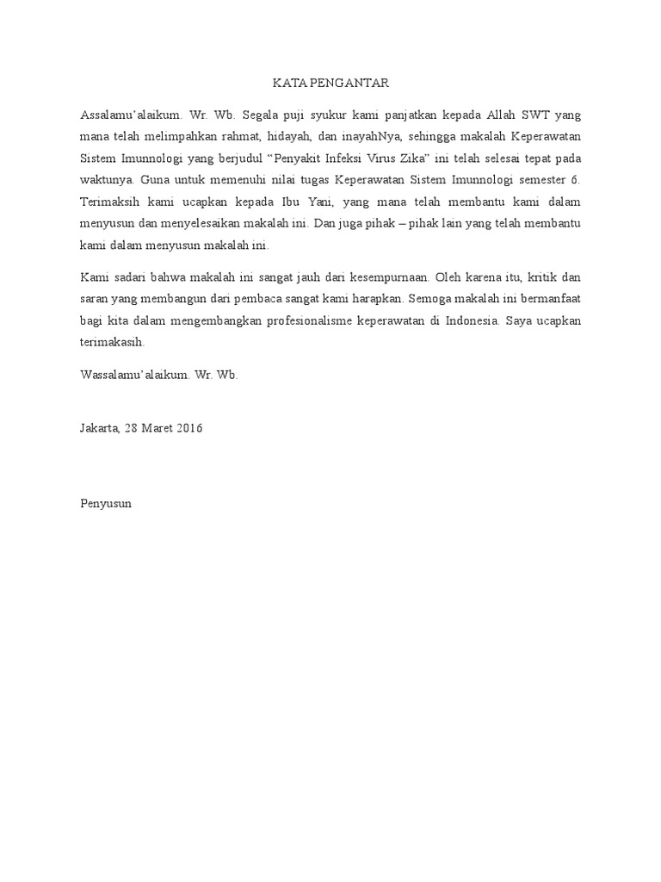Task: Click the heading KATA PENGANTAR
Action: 330,84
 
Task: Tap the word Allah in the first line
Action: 504,114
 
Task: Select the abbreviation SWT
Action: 545,114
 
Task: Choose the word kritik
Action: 549,278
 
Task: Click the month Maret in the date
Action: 161,428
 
